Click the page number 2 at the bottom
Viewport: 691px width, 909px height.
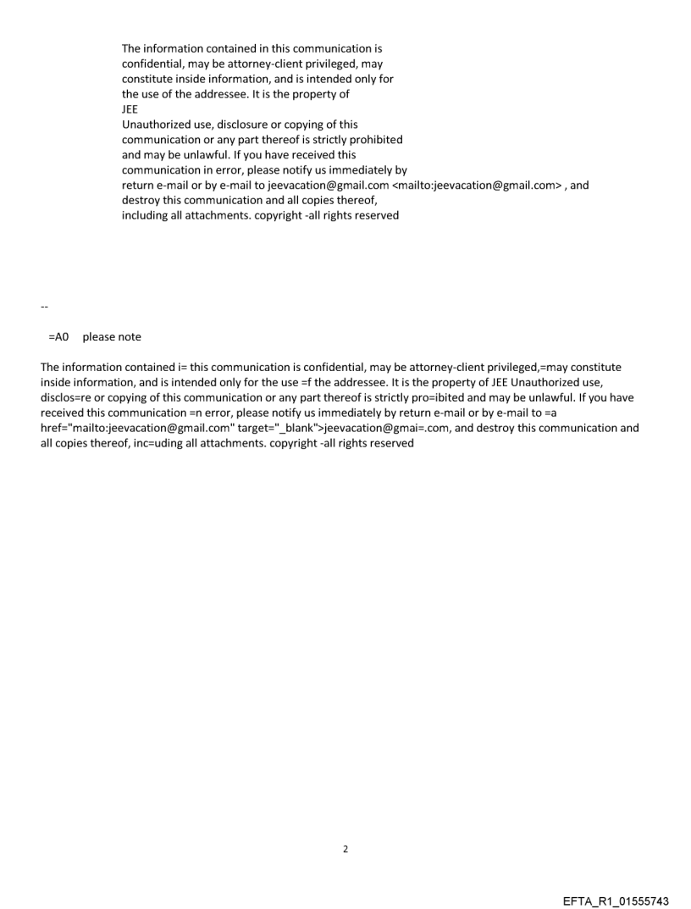345,848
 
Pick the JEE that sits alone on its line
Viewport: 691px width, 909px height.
130,109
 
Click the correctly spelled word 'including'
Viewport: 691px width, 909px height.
147,215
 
